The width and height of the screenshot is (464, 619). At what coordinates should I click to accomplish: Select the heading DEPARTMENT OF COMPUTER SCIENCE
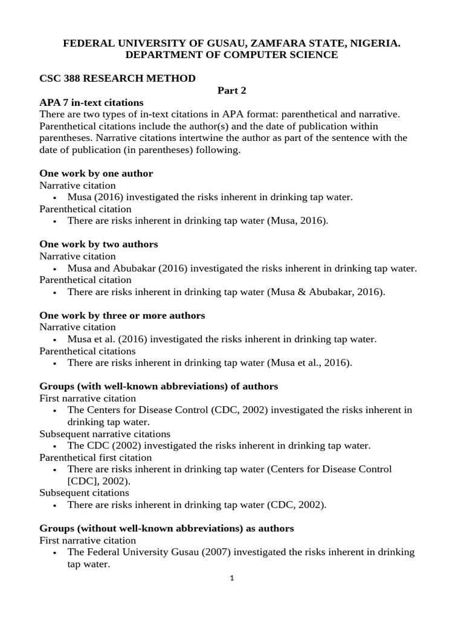(231, 55)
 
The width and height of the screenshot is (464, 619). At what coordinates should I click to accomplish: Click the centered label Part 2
(232, 91)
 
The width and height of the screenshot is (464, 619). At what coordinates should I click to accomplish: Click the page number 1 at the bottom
(231, 578)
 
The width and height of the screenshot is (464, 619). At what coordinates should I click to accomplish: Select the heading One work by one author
(96, 173)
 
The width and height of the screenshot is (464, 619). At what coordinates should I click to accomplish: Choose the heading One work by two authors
(98, 244)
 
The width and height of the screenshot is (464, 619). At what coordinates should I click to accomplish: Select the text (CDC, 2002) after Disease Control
(239, 410)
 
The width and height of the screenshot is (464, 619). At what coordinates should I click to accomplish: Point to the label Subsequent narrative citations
(105, 434)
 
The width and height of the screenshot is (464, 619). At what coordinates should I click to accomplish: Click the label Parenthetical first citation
(95, 458)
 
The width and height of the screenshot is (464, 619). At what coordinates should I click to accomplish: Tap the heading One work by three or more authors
(122, 316)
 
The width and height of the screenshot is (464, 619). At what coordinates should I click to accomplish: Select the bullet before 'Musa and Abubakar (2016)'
(56, 268)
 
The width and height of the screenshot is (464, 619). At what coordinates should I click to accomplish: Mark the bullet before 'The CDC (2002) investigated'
(56, 446)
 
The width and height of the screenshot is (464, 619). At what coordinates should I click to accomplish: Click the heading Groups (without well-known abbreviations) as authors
(166, 528)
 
